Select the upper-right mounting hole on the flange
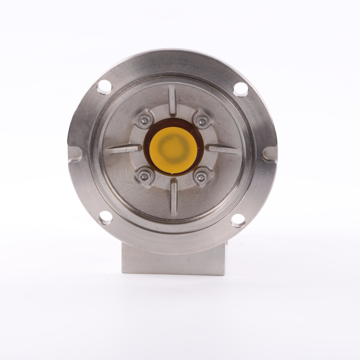click(x=241, y=89)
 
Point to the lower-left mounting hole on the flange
click(x=105, y=217)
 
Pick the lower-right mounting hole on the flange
click(x=238, y=220)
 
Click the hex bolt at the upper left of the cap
click(x=144, y=120)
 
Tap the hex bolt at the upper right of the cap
click(x=202, y=121)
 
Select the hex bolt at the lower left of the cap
click(x=144, y=176)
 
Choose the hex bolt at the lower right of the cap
click(x=202, y=177)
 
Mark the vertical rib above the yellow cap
click(x=172, y=99)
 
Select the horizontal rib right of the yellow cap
click(x=224, y=149)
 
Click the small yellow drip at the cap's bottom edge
click(x=173, y=173)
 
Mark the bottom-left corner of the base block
click(x=122, y=272)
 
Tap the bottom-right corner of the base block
click(x=224, y=274)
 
